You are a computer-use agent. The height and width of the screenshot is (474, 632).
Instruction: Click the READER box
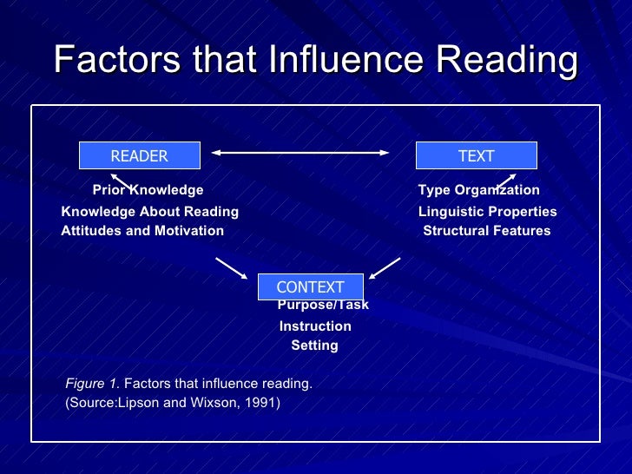(140, 156)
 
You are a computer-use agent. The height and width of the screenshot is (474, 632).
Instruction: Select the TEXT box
(476, 156)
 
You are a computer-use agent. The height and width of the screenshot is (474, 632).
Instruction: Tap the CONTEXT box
(310, 287)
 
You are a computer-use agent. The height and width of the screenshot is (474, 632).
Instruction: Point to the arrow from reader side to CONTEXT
(231, 268)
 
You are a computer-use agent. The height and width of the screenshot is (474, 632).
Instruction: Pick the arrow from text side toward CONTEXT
(384, 268)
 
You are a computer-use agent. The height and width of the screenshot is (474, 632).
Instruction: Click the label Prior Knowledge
(148, 190)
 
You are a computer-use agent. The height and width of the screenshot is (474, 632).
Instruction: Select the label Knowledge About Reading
(149, 212)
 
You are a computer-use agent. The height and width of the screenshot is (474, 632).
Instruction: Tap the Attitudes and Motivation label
(142, 231)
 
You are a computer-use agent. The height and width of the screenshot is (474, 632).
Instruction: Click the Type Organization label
(478, 190)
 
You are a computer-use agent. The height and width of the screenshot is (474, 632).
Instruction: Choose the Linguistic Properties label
(487, 212)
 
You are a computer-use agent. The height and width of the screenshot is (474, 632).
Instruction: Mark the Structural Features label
(486, 231)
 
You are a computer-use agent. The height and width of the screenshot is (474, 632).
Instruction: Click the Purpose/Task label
(323, 306)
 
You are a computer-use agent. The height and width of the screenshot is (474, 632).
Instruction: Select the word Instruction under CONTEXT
(315, 326)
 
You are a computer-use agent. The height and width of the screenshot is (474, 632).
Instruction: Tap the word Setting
(314, 346)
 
